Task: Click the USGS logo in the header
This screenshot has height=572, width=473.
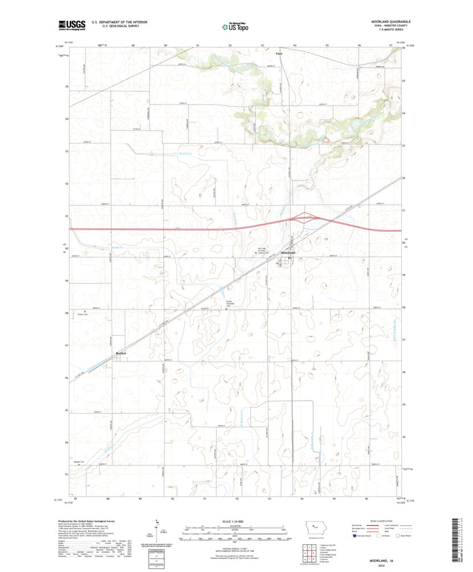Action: [71, 25]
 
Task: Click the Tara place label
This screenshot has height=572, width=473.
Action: [279, 54]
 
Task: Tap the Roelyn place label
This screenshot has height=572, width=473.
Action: [122, 353]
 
